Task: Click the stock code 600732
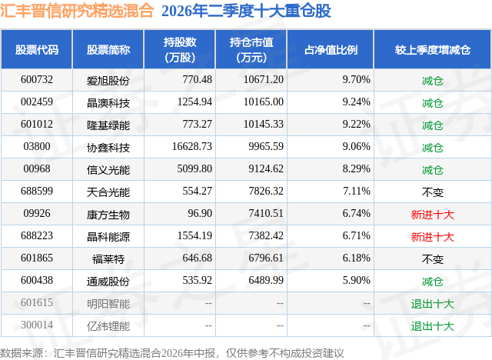click(37, 80)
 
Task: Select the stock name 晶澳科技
click(108, 102)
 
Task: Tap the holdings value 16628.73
click(192, 147)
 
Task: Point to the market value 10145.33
click(264, 125)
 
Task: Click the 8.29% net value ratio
click(357, 169)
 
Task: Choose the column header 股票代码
click(37, 49)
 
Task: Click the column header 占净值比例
click(331, 49)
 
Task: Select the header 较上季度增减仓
click(433, 49)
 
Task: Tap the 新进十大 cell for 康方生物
click(433, 215)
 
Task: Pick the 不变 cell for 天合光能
click(433, 192)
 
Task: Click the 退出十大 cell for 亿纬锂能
click(433, 326)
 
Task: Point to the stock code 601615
click(37, 303)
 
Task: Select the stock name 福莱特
click(108, 259)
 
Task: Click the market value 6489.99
click(266, 280)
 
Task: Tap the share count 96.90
click(200, 213)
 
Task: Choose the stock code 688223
click(37, 235)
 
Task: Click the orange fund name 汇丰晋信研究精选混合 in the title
click(77, 11)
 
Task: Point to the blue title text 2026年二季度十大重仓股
click(246, 11)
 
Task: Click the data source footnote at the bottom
click(172, 353)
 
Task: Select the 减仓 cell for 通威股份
click(433, 282)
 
